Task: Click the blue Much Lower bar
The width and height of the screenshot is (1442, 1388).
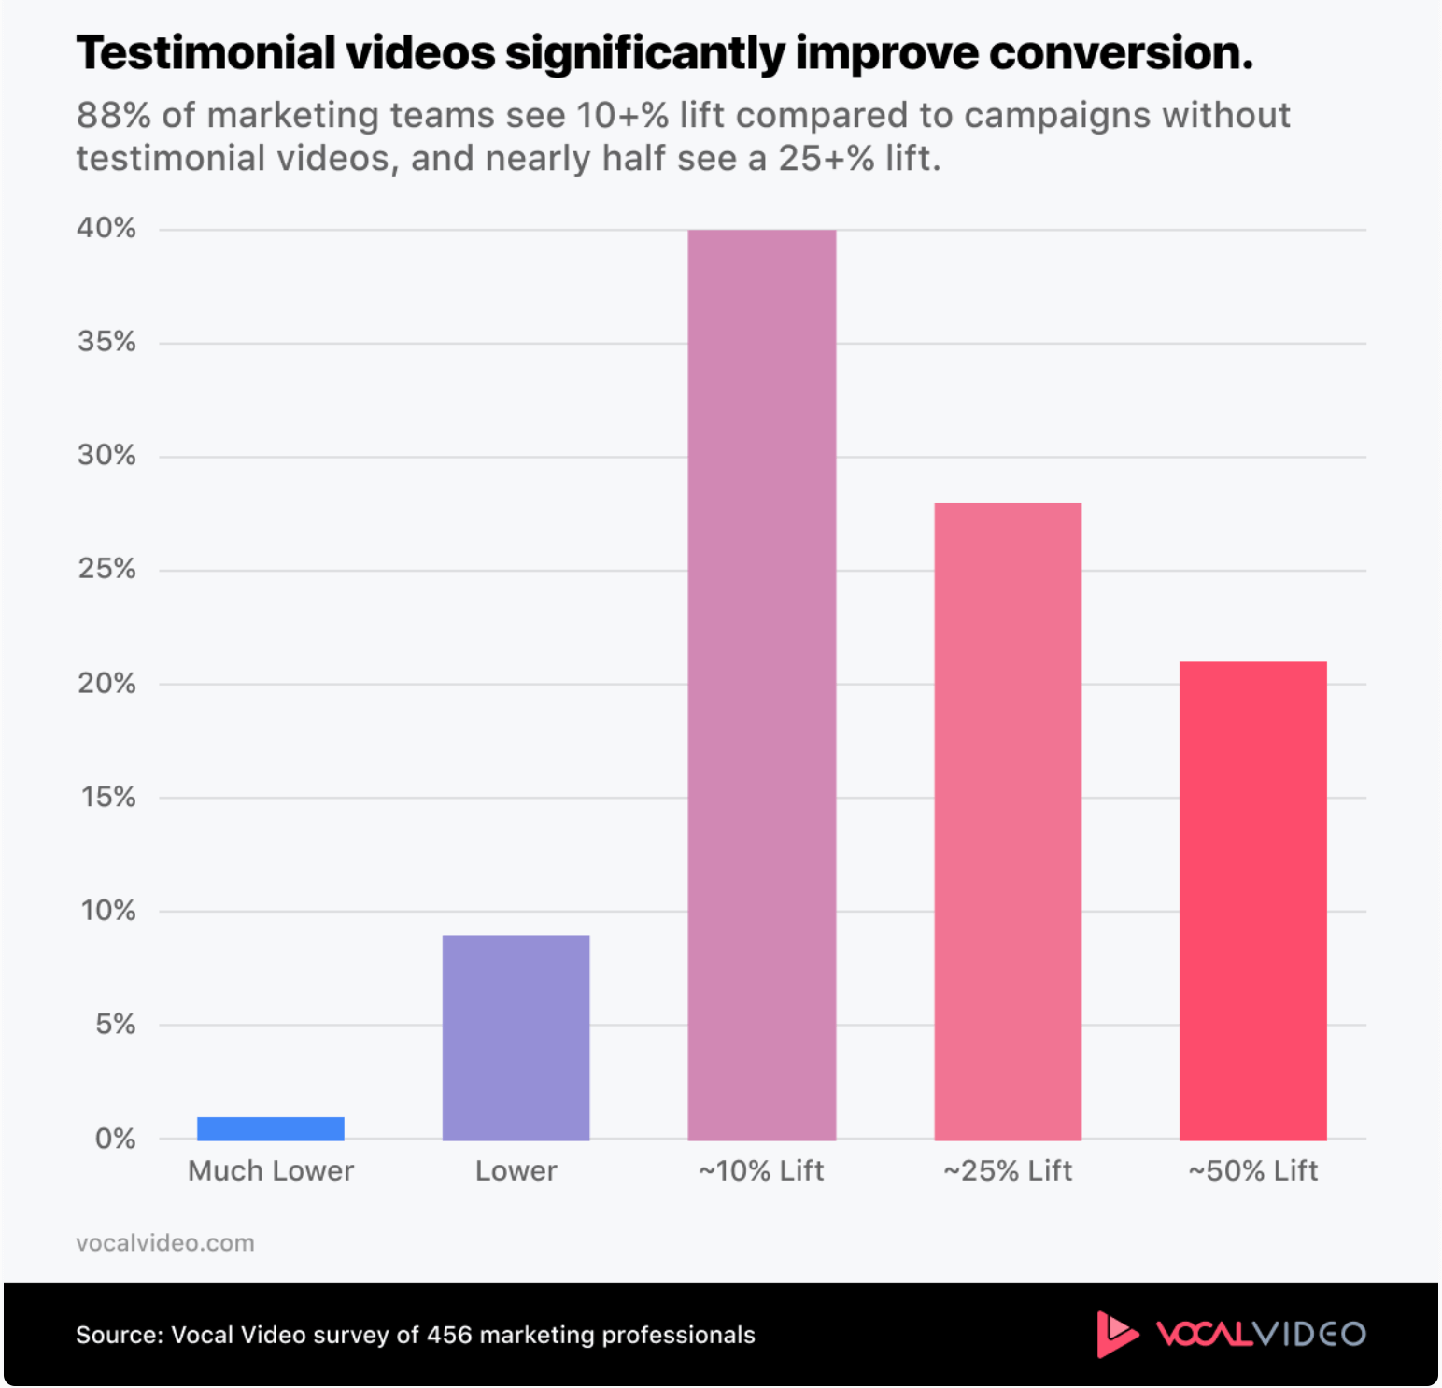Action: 271,1128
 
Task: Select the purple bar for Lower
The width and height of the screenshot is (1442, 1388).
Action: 516,1037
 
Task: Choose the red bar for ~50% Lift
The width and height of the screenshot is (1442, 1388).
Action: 1252,900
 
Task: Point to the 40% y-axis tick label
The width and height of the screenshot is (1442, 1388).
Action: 106,228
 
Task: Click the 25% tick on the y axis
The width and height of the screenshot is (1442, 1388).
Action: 107,569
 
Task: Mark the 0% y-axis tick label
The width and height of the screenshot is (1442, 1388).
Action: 115,1139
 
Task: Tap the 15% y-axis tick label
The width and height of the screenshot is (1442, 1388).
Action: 108,797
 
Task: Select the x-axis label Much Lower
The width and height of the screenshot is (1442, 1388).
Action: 271,1170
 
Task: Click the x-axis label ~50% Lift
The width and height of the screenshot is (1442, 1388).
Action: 1252,1170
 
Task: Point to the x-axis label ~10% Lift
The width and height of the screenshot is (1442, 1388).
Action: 761,1170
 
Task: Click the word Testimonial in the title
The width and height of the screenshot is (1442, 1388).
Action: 205,53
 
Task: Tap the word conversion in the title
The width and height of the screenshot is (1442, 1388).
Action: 1120,53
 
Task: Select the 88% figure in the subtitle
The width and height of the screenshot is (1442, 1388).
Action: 113,116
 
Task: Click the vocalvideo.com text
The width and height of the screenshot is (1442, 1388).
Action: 165,1243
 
